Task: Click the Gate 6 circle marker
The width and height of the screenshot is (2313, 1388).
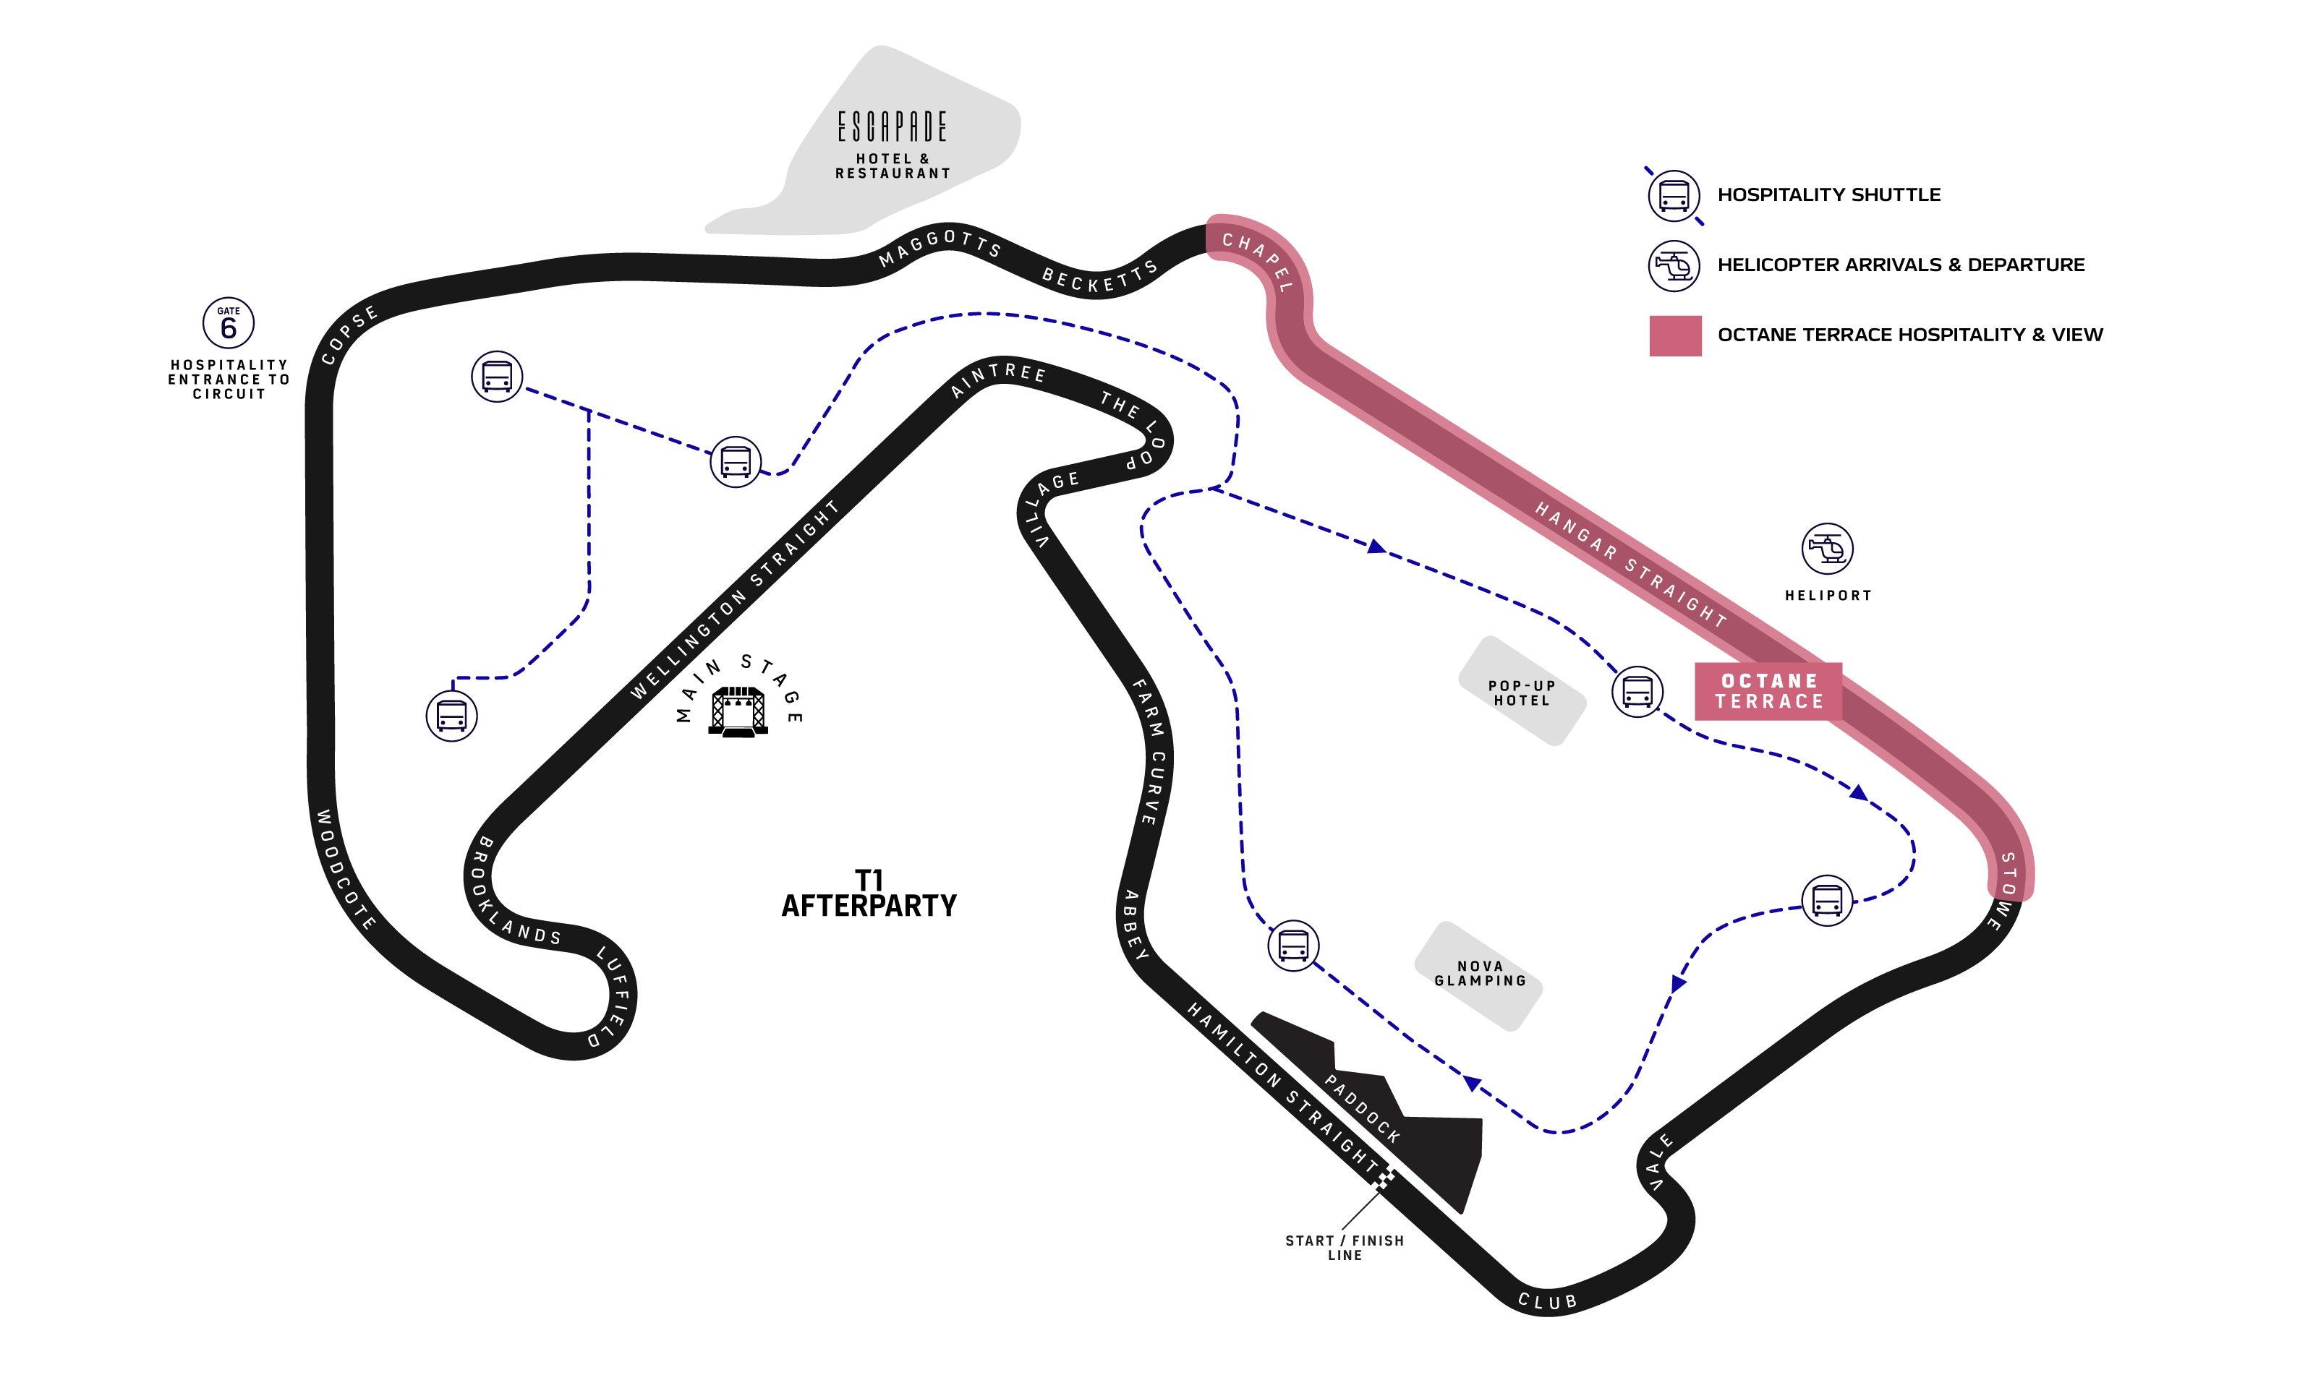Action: (x=229, y=324)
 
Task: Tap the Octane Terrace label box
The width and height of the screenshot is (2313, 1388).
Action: (x=1768, y=691)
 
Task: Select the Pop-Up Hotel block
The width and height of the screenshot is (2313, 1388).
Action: (x=1522, y=692)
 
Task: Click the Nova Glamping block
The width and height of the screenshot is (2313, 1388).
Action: (x=1479, y=974)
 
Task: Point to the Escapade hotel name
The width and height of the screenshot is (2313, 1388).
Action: (x=892, y=127)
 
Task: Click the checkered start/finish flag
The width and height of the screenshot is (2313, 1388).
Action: (x=1383, y=1178)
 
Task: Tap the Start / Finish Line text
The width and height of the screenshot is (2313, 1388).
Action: (x=1345, y=1248)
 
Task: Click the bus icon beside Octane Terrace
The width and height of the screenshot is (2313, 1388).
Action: (x=1637, y=692)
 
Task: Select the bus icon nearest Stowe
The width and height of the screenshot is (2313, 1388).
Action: (x=1826, y=901)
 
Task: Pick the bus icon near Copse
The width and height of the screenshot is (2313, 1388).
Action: (x=497, y=377)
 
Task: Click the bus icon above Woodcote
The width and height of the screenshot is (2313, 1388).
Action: (x=452, y=716)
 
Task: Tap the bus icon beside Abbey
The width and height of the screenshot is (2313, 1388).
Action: (x=1293, y=946)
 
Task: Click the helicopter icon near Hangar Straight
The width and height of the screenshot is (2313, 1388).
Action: (x=1826, y=548)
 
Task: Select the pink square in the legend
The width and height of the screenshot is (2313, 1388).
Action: (x=1675, y=335)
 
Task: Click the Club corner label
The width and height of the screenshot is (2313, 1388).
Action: (x=1548, y=1301)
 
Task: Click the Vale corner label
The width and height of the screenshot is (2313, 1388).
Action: (x=1659, y=1162)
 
